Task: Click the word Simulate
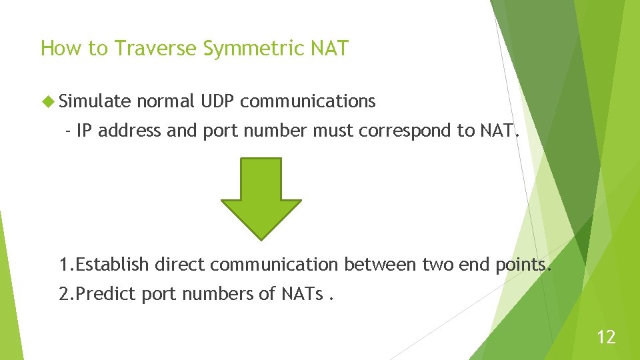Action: click(x=94, y=101)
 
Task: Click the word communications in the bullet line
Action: click(x=308, y=101)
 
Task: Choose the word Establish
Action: click(x=113, y=265)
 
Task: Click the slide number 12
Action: click(x=606, y=337)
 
